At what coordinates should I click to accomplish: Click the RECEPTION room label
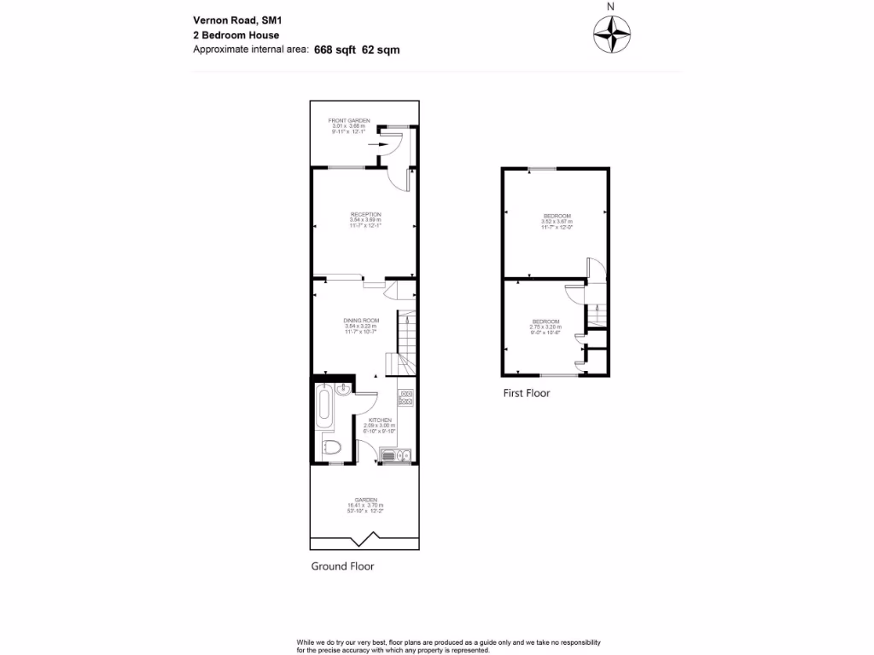(x=365, y=214)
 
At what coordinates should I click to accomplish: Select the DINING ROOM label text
(x=361, y=320)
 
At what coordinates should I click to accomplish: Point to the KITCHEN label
(x=380, y=420)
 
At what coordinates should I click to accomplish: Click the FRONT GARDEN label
(x=349, y=121)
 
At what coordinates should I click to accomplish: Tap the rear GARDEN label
(x=365, y=500)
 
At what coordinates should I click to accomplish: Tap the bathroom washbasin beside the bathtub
(x=341, y=391)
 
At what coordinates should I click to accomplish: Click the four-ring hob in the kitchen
(x=406, y=397)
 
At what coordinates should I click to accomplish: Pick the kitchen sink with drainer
(x=397, y=455)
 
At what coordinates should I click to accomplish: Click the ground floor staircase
(x=404, y=341)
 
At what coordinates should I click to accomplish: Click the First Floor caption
(x=526, y=393)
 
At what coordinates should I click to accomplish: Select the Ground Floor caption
(x=341, y=565)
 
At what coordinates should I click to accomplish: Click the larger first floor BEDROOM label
(x=556, y=216)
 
